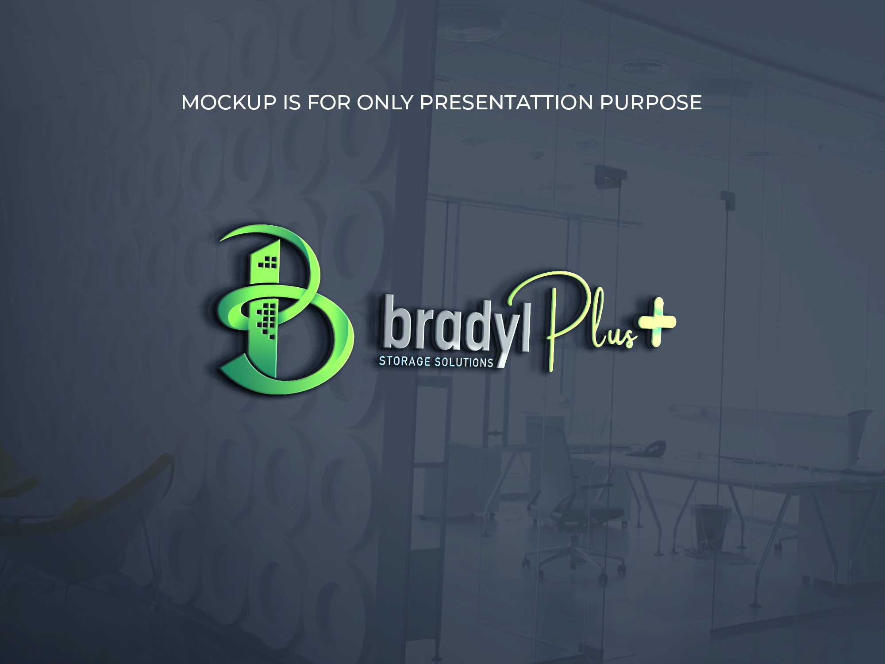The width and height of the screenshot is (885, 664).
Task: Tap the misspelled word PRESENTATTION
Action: coord(506,103)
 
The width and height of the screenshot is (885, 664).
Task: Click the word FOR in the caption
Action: coord(327,103)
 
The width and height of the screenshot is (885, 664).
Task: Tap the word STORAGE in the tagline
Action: coord(405,362)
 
